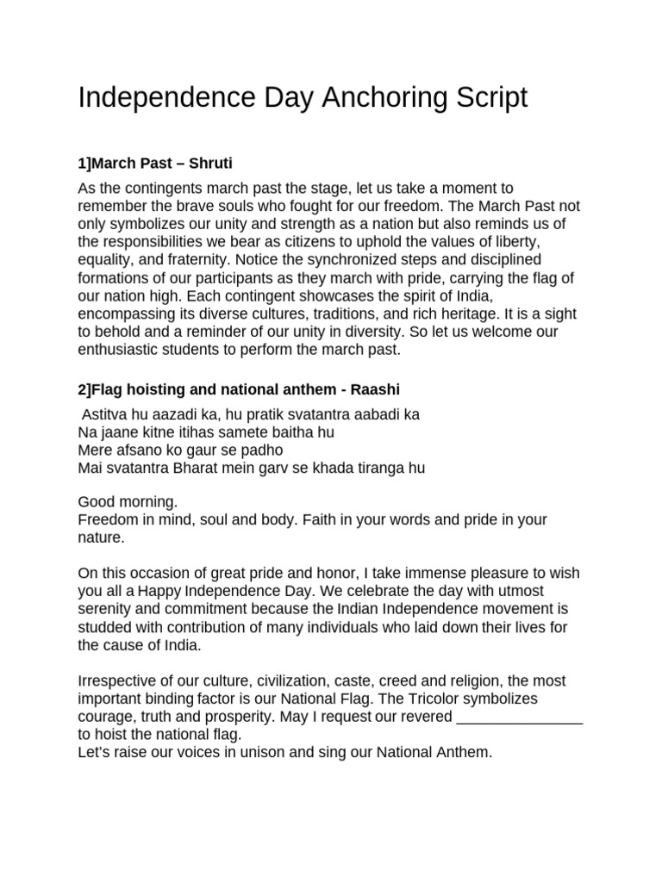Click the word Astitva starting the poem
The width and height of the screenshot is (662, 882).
[x=105, y=414]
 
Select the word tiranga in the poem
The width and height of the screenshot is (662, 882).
[x=372, y=468]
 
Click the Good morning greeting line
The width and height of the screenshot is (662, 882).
[x=128, y=502]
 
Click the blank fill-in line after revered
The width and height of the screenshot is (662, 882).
[x=518, y=717]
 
